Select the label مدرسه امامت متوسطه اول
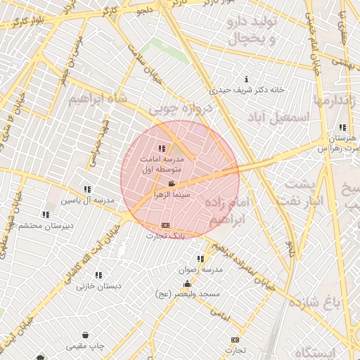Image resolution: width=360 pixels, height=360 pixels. (162, 164)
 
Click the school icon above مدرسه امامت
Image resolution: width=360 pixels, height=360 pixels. (162, 148)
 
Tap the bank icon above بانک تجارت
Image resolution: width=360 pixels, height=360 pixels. (165, 226)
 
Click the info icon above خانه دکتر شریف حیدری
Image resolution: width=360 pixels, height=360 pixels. (245, 79)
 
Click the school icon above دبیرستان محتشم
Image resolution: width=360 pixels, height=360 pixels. (46, 214)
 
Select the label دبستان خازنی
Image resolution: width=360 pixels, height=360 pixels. (99, 286)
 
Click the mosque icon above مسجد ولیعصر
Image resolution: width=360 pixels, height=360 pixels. (187, 284)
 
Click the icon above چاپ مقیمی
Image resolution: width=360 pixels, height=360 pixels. (86, 335)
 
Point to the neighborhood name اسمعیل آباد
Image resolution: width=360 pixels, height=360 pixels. (278, 117)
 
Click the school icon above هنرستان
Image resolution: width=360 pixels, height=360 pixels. (342, 127)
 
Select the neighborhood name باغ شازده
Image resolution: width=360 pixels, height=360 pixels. (333, 302)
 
